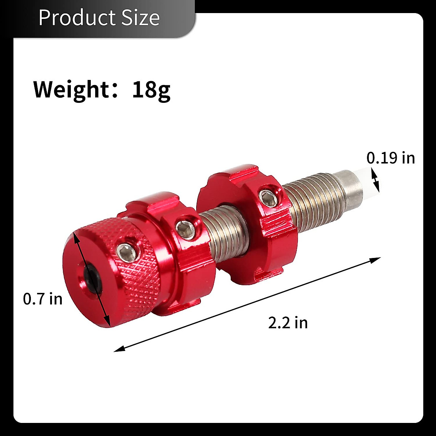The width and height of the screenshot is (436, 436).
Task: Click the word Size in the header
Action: (140, 17)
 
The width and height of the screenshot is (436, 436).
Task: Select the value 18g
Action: (151, 90)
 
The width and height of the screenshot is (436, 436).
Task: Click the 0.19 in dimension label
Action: (391, 158)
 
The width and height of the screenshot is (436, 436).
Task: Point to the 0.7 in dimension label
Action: (43, 299)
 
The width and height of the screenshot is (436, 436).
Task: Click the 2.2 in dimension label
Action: (288, 322)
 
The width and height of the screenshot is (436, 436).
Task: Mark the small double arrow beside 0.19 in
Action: (375, 181)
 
